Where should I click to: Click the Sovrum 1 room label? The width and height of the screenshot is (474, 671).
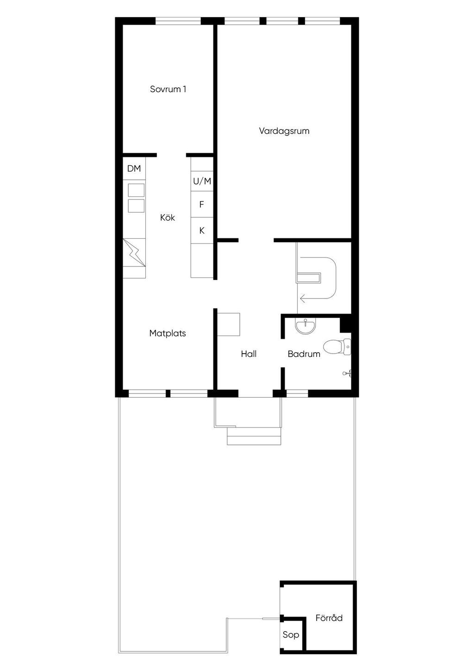[168, 89]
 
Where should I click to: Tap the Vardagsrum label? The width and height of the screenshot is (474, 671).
[284, 131]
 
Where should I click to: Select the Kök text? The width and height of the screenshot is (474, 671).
[167, 217]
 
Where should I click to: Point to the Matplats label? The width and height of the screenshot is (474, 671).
[167, 333]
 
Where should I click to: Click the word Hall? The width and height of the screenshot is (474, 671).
[249, 354]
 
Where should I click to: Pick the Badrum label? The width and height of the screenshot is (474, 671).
[304, 354]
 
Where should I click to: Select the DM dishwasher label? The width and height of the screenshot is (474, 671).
[134, 169]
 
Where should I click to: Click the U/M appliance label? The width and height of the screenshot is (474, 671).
[202, 181]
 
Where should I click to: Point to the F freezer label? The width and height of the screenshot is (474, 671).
[201, 204]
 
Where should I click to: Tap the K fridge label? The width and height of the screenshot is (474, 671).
[202, 230]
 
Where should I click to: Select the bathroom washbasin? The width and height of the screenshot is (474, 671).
[305, 325]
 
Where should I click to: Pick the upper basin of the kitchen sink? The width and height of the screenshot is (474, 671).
[136, 190]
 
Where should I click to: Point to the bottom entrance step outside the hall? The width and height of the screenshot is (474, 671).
[254, 440]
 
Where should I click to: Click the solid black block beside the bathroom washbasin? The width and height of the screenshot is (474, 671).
[346, 323]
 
